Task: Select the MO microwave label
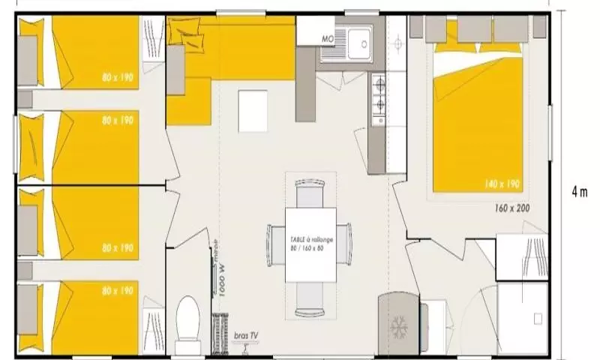coord(327,38)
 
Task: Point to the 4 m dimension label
coord(579,191)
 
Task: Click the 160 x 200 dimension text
coord(512,207)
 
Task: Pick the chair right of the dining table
coord(346,244)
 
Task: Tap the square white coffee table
coord(253,111)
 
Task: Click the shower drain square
coord(537,319)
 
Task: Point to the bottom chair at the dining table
coord(310,300)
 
